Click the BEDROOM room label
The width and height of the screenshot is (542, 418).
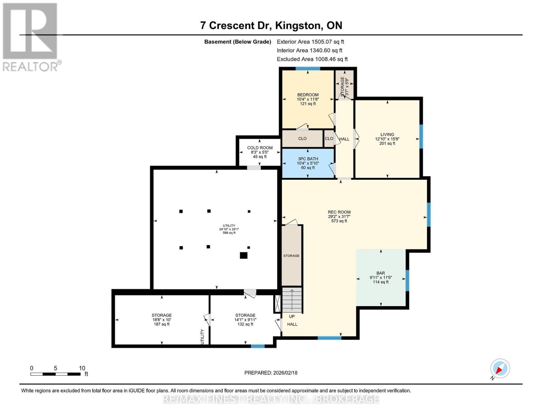307,95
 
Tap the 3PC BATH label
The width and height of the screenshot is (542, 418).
308,159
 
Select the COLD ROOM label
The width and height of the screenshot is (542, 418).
260,148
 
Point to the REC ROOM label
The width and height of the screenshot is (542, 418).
339,212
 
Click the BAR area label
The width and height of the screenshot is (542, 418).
381,273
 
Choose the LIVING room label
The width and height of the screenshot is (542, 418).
387,134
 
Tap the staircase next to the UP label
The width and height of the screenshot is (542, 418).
292,300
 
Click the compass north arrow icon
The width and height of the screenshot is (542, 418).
500,369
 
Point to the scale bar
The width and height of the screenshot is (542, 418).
55,374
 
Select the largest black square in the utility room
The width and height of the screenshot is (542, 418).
244,255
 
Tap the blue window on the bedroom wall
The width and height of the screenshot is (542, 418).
307,69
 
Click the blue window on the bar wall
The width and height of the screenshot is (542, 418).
407,280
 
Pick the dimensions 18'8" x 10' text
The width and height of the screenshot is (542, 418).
162,320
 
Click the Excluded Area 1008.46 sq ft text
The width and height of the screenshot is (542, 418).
312,59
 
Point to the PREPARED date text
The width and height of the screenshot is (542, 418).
271,373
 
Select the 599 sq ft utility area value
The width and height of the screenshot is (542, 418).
229,233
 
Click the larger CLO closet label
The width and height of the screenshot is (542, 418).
302,139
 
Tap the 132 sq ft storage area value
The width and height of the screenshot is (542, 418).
245,324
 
